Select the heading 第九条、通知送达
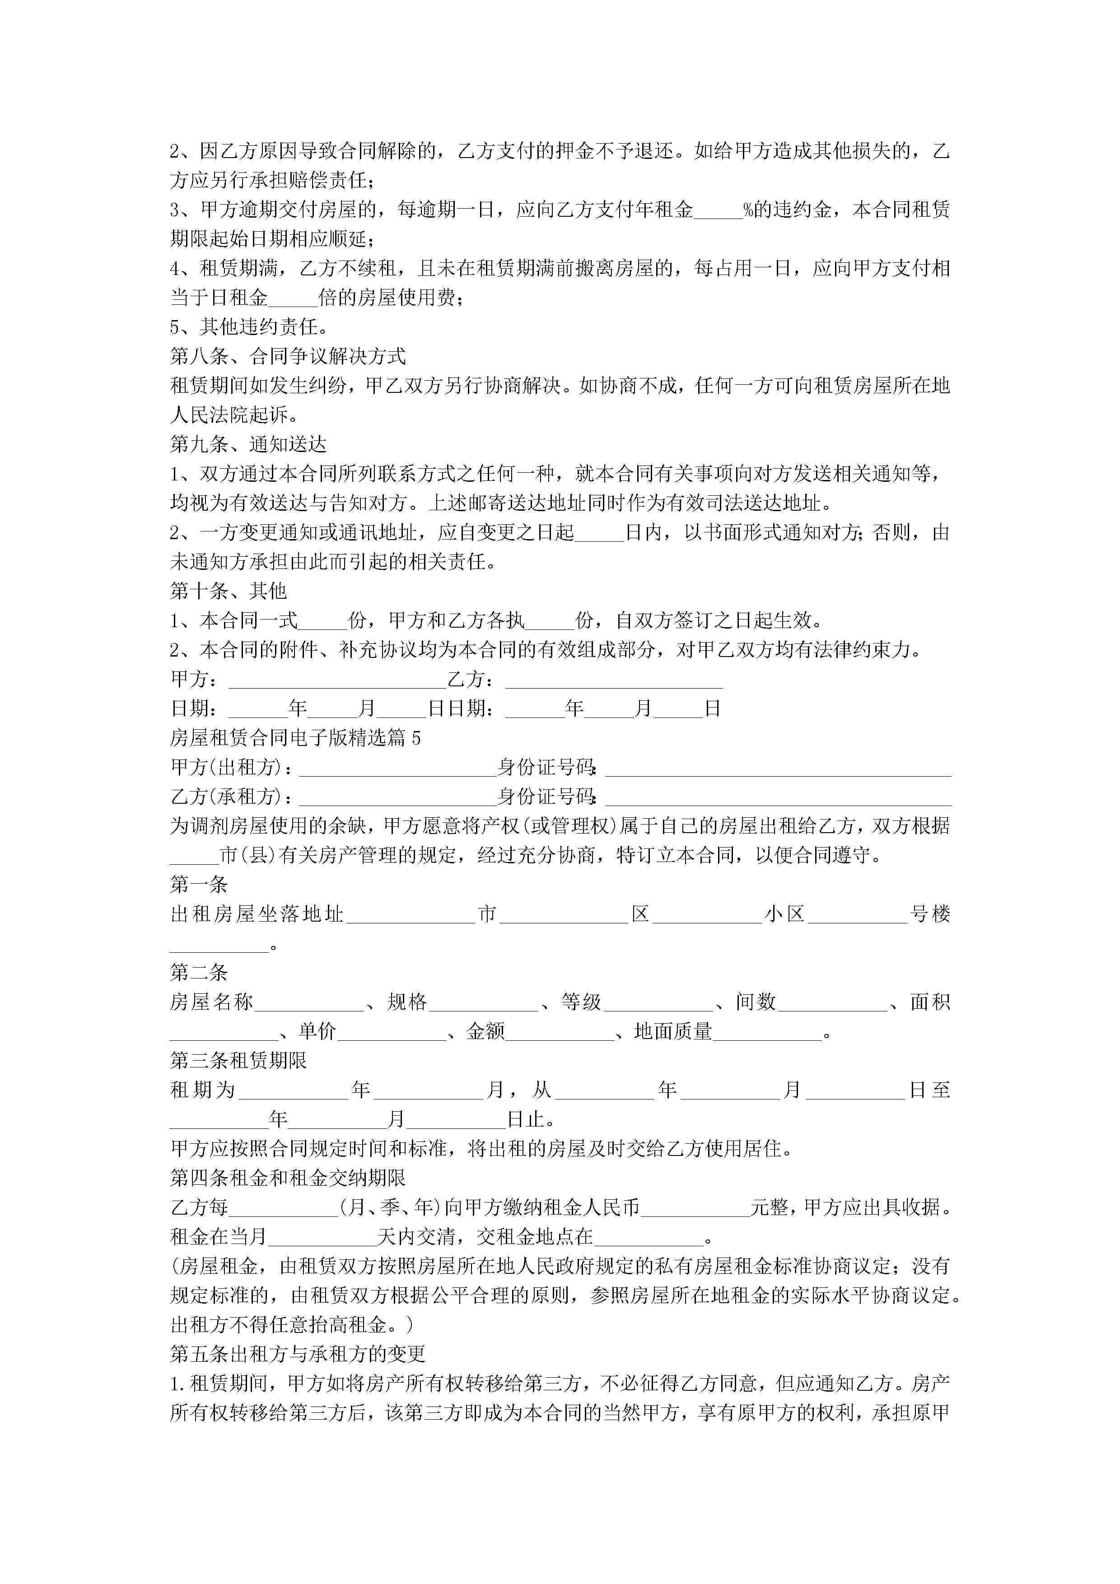248,444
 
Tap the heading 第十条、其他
229,591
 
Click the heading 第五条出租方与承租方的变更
298,1354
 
